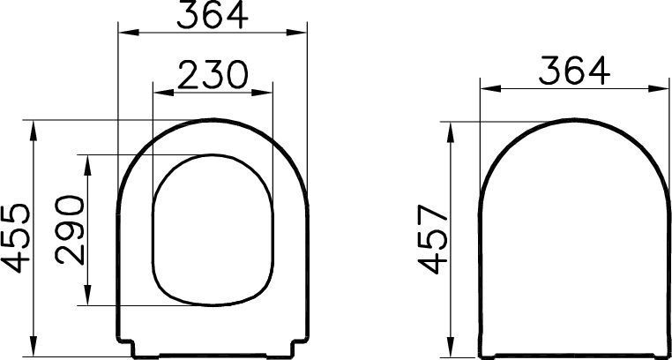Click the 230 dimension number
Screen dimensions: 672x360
coord(213,75)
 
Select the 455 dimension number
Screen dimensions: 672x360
coord(16,238)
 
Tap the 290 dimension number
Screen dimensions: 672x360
coord(70,229)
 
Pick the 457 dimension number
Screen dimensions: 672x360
coord(433,239)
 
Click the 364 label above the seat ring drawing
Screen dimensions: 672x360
coord(213,15)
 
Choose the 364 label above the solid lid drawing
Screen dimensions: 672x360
coord(574,71)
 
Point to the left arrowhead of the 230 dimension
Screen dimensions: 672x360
coord(163,92)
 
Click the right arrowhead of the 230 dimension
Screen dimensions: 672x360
coord(262,92)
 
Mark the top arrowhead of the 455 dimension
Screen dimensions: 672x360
coord(34,131)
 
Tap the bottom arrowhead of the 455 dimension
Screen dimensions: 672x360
coord(34,346)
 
